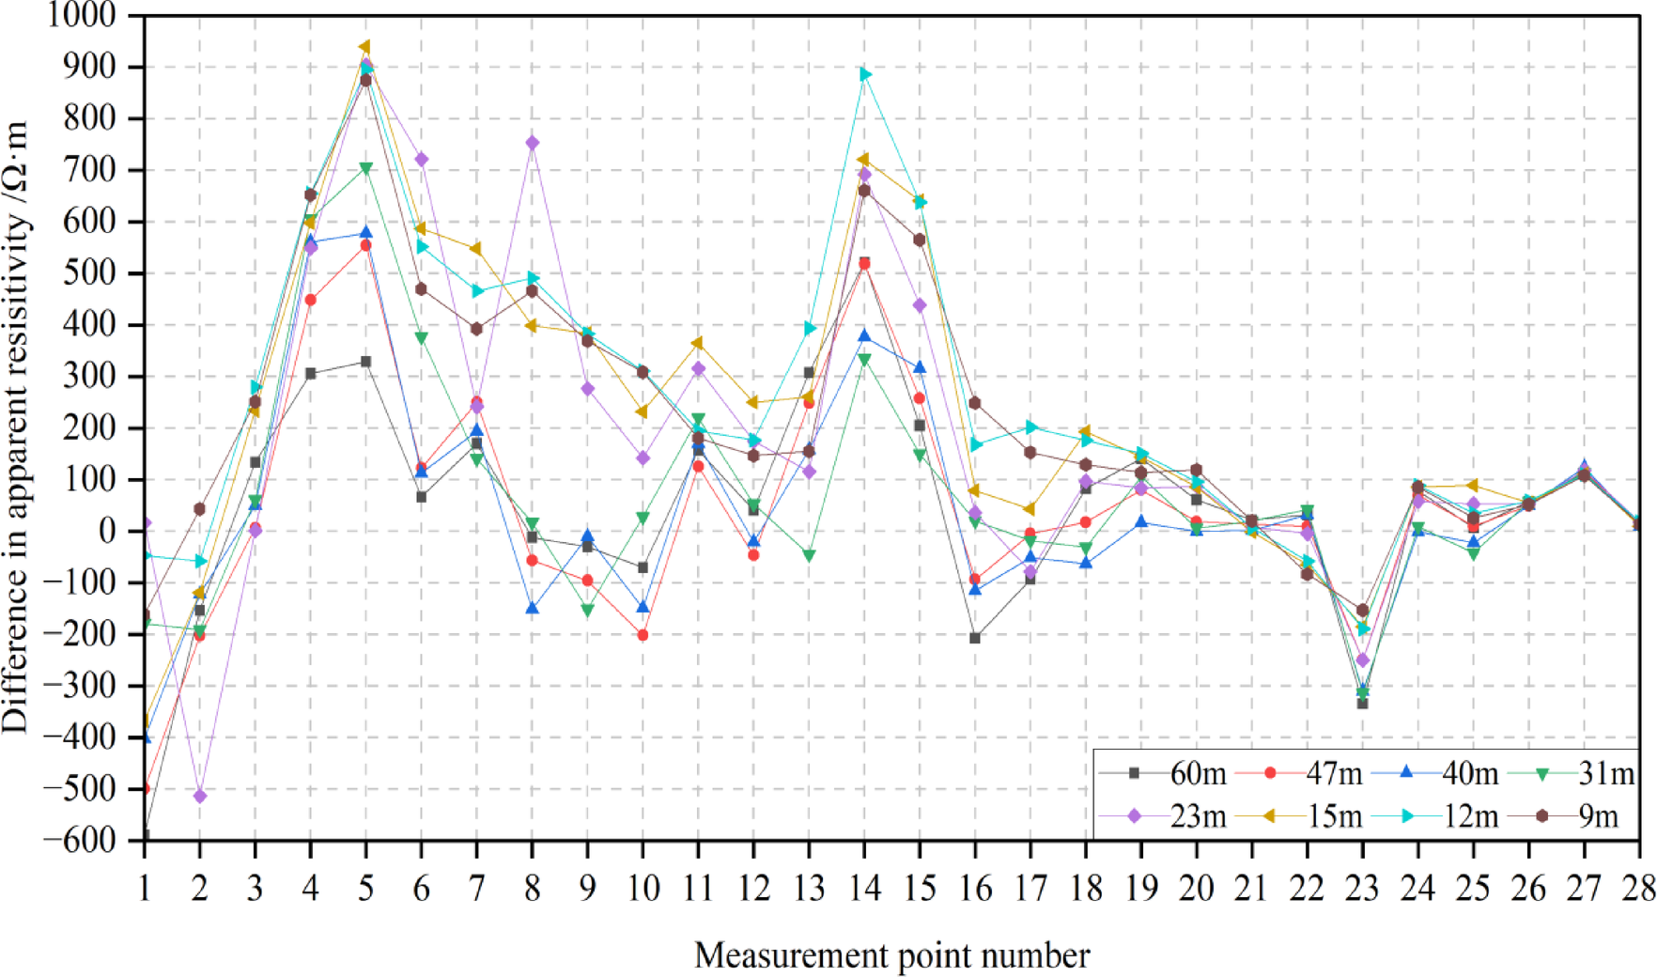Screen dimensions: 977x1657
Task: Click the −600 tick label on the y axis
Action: (x=79, y=840)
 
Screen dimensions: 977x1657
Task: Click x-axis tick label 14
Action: (x=865, y=888)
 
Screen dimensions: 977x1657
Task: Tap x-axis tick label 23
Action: (x=1362, y=888)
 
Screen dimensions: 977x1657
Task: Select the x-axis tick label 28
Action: (x=1638, y=888)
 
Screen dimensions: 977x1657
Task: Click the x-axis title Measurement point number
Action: (x=891, y=955)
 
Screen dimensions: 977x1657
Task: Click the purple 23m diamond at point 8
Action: (x=533, y=143)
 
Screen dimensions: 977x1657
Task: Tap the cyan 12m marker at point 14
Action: (x=865, y=74)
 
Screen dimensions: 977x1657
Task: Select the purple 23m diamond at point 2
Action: (x=199, y=797)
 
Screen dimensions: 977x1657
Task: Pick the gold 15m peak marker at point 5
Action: (x=364, y=47)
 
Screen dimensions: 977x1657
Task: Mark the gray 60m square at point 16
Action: (x=975, y=639)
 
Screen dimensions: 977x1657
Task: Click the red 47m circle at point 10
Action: (x=643, y=636)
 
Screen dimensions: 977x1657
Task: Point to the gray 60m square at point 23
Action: (x=1362, y=704)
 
